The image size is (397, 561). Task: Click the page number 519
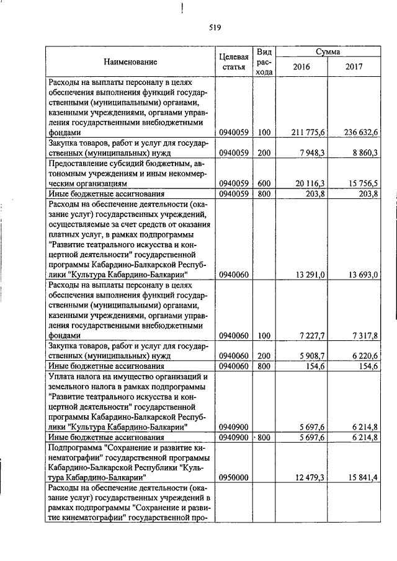[198, 27]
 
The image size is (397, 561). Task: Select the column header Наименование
[130, 61]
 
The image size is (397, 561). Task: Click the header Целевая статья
[234, 61]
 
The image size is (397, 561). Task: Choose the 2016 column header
[301, 67]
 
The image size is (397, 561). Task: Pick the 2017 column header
[354, 67]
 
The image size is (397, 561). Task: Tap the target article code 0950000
[234, 477]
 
